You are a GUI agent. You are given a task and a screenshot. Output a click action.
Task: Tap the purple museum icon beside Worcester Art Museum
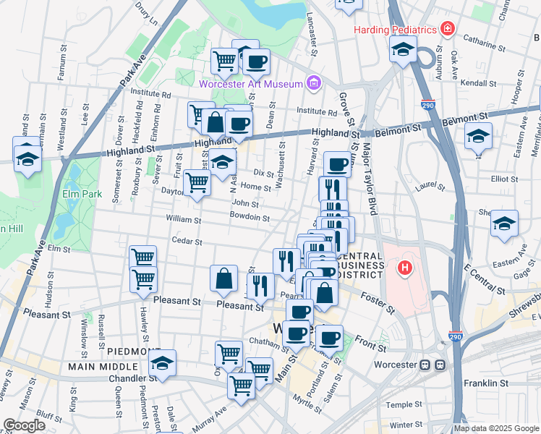tap(312, 83)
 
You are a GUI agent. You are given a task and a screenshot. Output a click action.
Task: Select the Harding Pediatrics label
tap(395, 30)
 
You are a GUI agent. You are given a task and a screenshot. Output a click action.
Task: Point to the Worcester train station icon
tap(431, 364)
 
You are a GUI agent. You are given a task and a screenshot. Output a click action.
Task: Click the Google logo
tap(25, 425)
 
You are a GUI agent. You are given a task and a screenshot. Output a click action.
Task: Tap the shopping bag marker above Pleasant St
tap(224, 278)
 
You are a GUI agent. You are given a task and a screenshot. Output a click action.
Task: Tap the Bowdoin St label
tap(250, 217)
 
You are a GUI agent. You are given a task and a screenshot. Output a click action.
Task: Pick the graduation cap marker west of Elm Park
tap(27, 158)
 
